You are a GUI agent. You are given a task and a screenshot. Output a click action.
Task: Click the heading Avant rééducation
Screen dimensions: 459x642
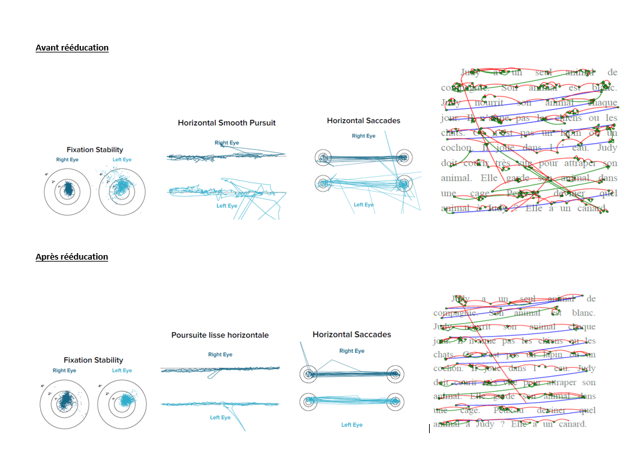pos(72,48)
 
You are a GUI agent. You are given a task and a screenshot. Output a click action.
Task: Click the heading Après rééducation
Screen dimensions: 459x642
pos(72,257)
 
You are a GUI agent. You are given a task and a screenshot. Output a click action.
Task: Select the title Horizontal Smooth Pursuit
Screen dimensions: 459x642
pos(227,122)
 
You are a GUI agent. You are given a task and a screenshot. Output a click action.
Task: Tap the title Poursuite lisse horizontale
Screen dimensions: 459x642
pos(220,335)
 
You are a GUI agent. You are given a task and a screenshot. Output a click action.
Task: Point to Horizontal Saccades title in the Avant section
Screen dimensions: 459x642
pos(363,120)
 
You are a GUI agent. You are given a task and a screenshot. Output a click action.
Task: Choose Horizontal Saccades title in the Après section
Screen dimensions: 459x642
pos(351,335)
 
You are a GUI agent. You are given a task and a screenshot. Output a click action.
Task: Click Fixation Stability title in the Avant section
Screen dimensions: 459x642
pos(94,150)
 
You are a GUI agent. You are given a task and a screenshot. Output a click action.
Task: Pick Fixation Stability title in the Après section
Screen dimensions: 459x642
pos(93,360)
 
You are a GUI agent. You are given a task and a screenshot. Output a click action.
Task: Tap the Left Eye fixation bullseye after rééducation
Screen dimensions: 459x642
pos(121,401)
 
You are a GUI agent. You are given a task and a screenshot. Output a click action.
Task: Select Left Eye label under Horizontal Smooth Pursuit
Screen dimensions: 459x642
pos(227,206)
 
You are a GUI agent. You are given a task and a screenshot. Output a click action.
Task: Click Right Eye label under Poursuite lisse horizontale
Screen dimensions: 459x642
pos(220,355)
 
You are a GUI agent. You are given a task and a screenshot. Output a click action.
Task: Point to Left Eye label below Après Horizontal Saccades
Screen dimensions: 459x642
pos(351,425)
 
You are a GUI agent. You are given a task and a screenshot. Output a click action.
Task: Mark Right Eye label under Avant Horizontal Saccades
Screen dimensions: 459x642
pos(363,136)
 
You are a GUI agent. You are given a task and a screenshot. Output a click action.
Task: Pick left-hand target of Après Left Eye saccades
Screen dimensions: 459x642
pos(309,401)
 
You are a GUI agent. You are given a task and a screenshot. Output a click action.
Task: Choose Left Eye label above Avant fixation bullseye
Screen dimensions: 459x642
pos(122,159)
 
